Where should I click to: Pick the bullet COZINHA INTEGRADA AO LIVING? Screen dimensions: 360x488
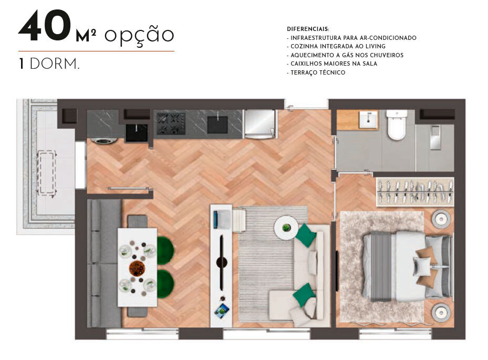(x=336, y=46)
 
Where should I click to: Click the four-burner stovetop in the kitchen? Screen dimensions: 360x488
(x=170, y=123)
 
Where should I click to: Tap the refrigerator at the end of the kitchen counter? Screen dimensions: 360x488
(x=259, y=124)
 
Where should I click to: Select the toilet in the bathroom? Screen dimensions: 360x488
(x=396, y=125)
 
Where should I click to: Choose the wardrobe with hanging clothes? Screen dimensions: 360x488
(x=414, y=192)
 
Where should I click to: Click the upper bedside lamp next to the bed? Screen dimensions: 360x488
(x=440, y=218)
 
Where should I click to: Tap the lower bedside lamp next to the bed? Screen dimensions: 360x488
(x=440, y=312)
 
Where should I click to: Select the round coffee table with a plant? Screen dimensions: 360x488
(x=286, y=228)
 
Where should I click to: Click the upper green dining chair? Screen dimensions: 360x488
(x=165, y=250)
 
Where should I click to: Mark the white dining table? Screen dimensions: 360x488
(x=137, y=267)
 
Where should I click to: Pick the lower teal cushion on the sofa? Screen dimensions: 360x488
(x=304, y=295)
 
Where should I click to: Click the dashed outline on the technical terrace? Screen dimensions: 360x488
(x=47, y=173)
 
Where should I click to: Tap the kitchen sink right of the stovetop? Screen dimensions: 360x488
(x=217, y=124)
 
